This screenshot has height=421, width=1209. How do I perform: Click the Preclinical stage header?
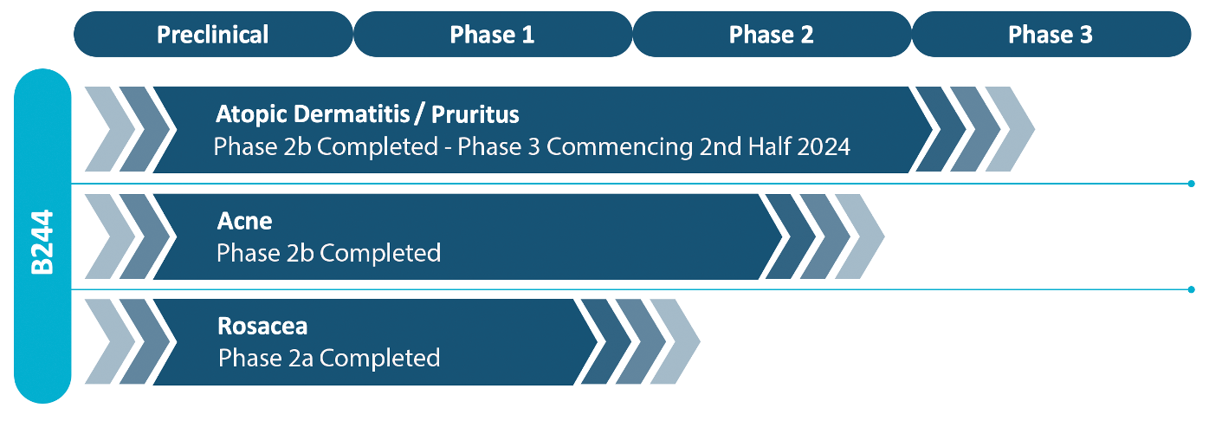tap(213, 34)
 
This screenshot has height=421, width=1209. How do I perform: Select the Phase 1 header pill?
tap(492, 34)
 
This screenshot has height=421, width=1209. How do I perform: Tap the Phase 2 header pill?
tap(772, 34)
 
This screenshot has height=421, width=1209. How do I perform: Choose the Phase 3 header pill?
tap(1051, 34)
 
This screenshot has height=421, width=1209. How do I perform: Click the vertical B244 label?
tap(42, 242)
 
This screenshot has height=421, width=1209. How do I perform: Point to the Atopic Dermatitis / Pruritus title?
tap(367, 114)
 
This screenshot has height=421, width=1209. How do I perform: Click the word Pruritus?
tap(475, 114)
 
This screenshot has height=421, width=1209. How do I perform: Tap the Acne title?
tap(244, 221)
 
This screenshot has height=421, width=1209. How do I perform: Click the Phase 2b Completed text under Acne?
tap(328, 253)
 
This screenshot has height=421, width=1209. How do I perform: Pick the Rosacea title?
tap(262, 326)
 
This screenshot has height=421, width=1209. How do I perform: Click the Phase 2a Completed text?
tap(329, 358)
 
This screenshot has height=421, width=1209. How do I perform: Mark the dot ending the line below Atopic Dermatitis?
tap(1191, 184)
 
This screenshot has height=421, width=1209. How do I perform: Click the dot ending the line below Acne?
tap(1191, 290)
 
